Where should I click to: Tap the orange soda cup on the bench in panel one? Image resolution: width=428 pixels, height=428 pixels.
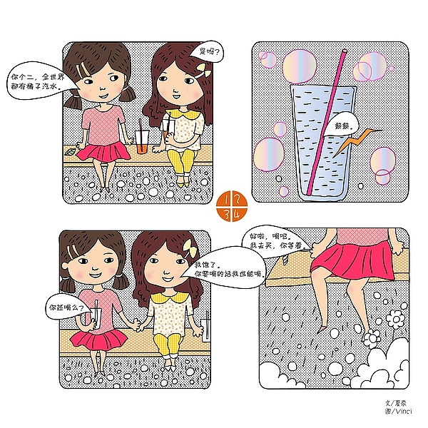[143, 141]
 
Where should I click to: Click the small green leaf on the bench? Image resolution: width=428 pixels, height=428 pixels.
[71, 152]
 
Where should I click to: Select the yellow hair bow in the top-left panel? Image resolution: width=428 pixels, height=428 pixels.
[187, 68]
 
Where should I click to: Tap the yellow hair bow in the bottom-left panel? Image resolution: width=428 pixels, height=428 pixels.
[190, 251]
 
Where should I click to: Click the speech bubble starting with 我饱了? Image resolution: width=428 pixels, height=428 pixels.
[230, 268]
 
